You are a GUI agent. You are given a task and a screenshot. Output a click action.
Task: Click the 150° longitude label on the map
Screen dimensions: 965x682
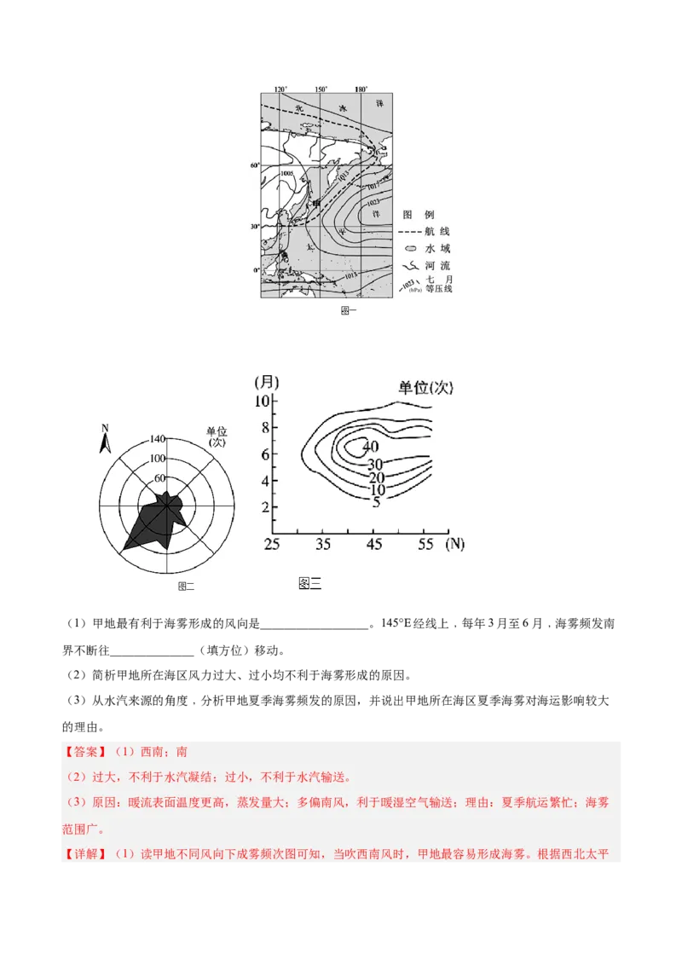click(321, 90)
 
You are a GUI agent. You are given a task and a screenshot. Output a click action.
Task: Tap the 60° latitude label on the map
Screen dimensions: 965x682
click(254, 165)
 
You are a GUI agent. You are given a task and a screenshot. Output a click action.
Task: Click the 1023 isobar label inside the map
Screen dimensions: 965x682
click(373, 202)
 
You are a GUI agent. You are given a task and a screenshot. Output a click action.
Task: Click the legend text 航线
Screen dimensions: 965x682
click(438, 232)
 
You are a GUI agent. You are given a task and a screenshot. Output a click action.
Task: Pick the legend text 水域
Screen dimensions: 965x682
click(438, 249)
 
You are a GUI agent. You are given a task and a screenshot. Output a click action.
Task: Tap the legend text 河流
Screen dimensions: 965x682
click(438, 266)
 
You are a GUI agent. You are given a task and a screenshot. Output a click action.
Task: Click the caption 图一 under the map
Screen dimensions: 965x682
click(349, 311)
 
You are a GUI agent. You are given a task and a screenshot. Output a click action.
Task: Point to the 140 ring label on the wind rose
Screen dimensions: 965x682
click(157, 439)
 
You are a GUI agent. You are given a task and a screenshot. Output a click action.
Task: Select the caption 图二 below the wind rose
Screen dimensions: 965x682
click(186, 586)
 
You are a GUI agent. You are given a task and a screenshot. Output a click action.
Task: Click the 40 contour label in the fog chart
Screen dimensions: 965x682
click(370, 447)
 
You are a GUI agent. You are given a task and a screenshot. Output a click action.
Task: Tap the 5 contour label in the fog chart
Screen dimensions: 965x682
click(376, 503)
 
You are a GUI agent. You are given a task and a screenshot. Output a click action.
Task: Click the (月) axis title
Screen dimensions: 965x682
click(266, 382)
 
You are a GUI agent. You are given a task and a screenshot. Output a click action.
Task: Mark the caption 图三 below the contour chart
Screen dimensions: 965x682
click(310, 583)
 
